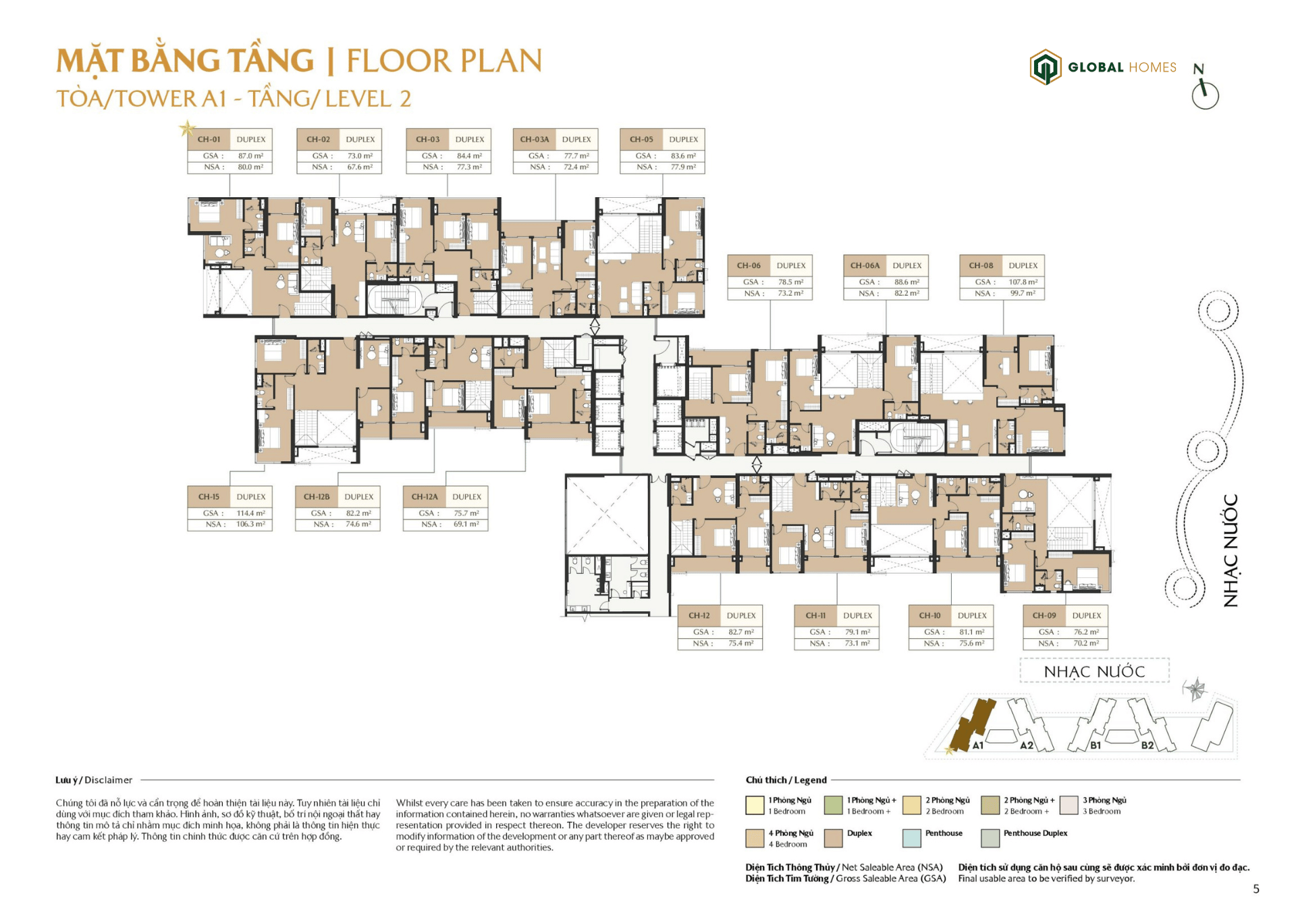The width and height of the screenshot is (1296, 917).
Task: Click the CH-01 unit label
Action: (209, 140)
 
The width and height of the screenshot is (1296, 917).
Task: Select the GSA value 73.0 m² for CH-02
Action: (360, 156)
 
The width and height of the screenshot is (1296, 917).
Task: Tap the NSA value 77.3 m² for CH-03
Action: (469, 167)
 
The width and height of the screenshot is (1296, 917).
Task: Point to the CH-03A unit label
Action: (534, 140)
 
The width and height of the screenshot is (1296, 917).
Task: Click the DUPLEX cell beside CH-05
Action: (683, 140)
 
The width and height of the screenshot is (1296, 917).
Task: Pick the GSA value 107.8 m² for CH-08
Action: (1023, 282)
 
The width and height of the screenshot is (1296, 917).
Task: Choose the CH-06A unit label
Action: (865, 266)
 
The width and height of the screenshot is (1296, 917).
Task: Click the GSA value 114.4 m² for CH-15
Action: (250, 513)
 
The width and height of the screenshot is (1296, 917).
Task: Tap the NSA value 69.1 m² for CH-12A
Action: (466, 524)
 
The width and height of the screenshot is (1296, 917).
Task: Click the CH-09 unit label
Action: (1044, 616)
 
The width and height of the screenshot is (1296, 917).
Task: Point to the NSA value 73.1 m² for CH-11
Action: (857, 644)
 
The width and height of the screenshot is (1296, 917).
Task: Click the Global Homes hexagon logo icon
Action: (1045, 67)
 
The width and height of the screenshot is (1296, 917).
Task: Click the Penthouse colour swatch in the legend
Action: (911, 838)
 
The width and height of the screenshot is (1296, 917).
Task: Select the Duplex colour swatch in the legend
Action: (833, 838)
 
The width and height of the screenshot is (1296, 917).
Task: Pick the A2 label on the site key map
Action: (1026, 745)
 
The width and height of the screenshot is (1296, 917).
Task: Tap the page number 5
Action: (1255, 889)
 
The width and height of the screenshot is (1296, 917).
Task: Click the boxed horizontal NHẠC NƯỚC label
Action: (1093, 671)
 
